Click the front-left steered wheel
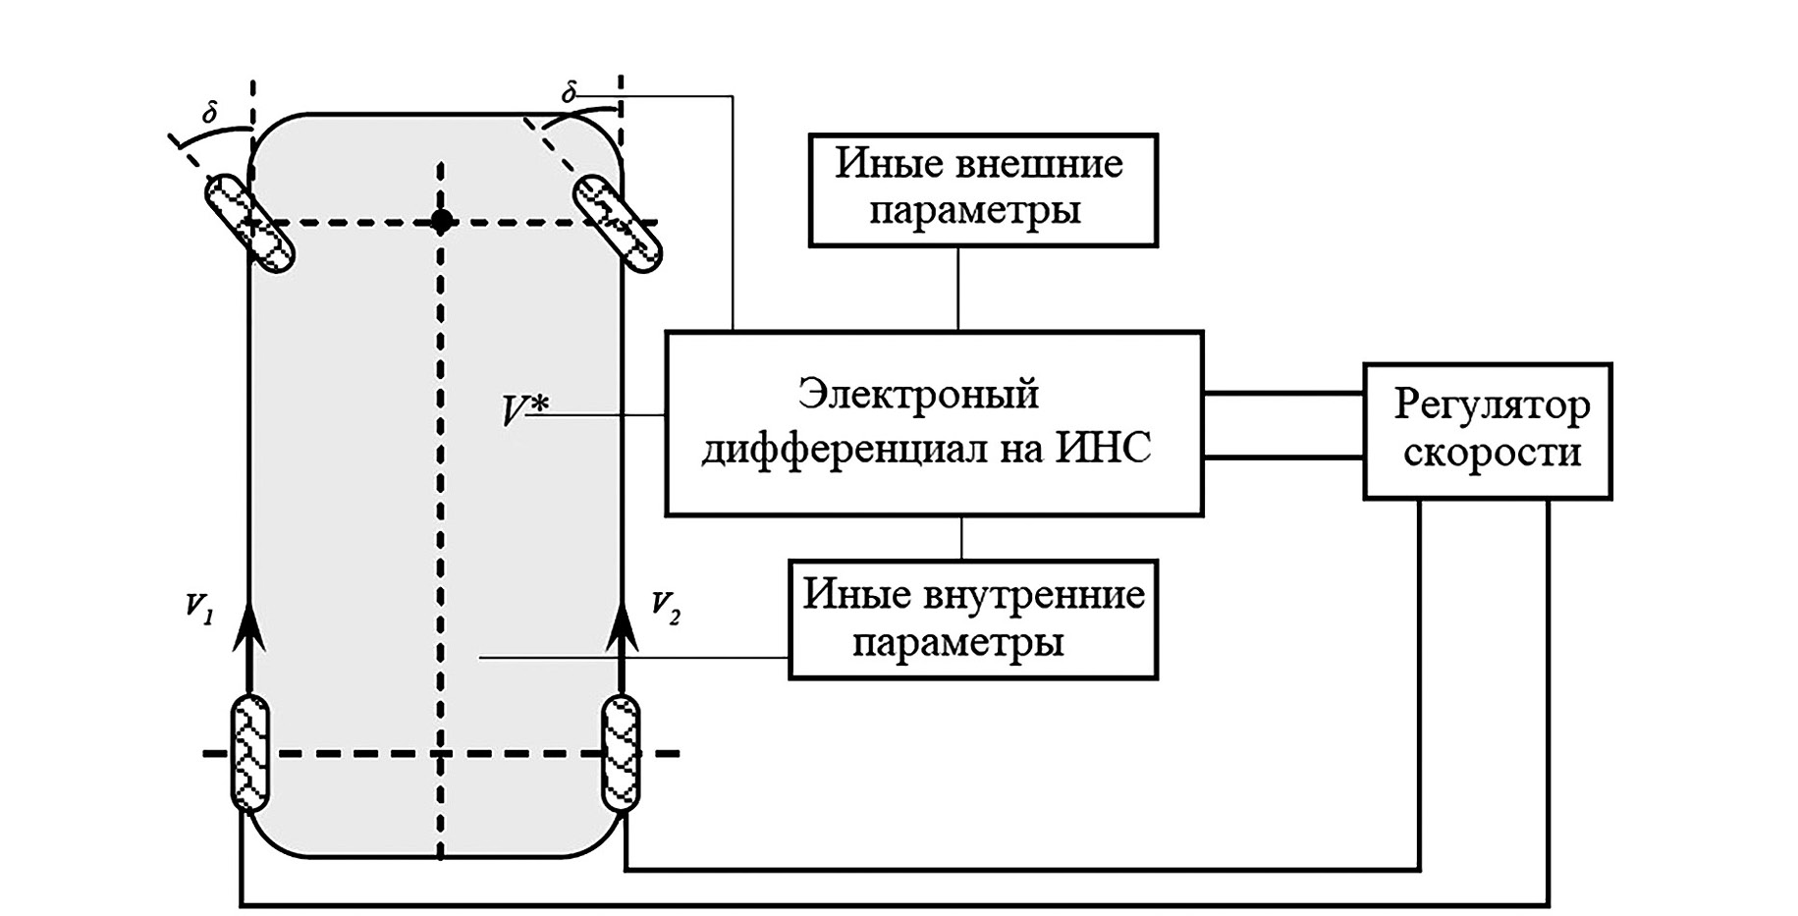click(x=249, y=223)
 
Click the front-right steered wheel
click(x=618, y=223)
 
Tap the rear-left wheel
click(x=249, y=753)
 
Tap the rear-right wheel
click(x=621, y=753)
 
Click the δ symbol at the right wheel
click(x=569, y=94)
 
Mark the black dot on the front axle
click(x=442, y=221)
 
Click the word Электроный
click(x=918, y=394)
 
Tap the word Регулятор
click(x=1492, y=404)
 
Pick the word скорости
click(x=1492, y=453)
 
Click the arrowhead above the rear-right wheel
click(x=621, y=626)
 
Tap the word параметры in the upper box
click(x=975, y=210)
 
